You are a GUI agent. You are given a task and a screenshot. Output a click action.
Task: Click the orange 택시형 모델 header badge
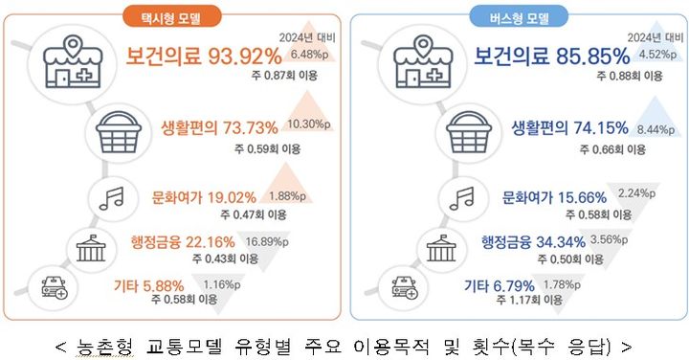(172, 15)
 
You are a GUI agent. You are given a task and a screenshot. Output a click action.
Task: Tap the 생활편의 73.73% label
(219, 127)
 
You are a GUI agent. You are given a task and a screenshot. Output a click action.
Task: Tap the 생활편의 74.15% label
(568, 127)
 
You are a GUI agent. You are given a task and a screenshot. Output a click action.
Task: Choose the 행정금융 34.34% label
(528, 239)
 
